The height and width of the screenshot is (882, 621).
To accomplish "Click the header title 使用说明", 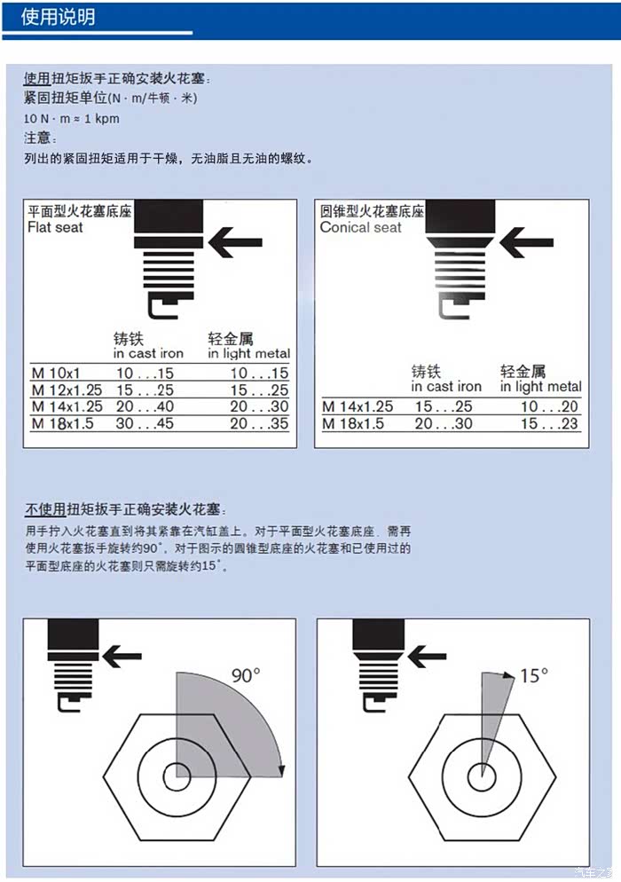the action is [x=58, y=17].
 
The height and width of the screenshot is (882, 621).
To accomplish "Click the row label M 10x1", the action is [x=56, y=373].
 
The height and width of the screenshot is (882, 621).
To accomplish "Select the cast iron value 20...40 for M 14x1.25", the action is [x=145, y=406].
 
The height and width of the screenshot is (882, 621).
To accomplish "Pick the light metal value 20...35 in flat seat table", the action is [x=259, y=423].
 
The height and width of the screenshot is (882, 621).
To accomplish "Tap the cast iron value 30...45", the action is [x=145, y=423].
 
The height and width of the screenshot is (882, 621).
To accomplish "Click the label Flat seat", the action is [x=55, y=227].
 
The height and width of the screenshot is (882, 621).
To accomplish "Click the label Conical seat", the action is [x=360, y=227].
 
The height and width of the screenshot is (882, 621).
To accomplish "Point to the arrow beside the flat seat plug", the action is [x=235, y=242].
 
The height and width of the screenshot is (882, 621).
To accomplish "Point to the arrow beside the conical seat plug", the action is [x=526, y=242].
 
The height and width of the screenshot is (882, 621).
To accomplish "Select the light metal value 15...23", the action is [x=549, y=423].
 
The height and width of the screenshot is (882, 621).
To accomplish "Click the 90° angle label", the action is [x=246, y=675].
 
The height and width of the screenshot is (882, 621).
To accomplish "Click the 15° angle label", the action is [x=534, y=675].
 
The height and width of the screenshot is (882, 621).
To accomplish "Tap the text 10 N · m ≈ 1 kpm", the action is [x=72, y=119].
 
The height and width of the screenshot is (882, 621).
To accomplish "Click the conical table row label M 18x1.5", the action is [x=353, y=423].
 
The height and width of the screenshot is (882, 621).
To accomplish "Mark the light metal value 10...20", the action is [x=549, y=406].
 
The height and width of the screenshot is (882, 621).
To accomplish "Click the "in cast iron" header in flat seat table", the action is [x=148, y=353].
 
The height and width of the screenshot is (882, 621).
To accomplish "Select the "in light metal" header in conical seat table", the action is [x=540, y=387].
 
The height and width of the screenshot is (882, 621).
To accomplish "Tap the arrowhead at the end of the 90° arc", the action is [x=281, y=771].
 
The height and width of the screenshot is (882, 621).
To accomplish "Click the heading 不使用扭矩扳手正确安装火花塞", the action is [x=125, y=509].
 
